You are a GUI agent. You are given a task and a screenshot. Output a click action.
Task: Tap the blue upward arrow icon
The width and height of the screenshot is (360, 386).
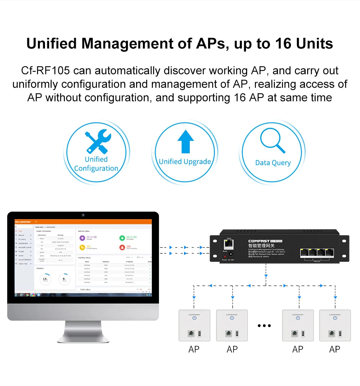[185, 141]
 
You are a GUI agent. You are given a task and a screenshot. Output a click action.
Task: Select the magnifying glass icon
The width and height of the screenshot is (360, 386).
[273, 140]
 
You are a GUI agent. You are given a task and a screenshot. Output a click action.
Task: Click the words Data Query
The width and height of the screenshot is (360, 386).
[273, 163]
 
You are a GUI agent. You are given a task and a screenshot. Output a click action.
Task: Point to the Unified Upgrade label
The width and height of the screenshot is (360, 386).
[185, 162]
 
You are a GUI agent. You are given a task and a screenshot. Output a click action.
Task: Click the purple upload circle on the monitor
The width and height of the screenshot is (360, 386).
[82, 238]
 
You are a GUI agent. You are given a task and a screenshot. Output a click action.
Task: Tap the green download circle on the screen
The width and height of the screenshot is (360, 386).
[122, 238]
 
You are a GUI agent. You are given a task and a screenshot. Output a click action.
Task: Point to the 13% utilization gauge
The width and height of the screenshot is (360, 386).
[45, 279]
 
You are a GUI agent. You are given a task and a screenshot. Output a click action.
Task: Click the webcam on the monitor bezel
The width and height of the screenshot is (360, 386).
[83, 215]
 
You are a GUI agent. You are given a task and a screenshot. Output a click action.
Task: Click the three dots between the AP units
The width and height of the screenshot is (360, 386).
[264, 326]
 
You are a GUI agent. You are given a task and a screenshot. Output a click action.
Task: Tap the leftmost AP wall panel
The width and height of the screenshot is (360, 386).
[194, 325]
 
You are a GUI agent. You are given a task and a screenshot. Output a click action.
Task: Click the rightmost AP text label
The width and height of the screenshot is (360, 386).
[334, 349]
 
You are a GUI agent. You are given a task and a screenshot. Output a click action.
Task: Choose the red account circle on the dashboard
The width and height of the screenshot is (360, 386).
[122, 247]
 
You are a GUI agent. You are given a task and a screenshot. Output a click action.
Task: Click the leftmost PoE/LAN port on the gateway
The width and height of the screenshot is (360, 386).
[305, 253]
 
